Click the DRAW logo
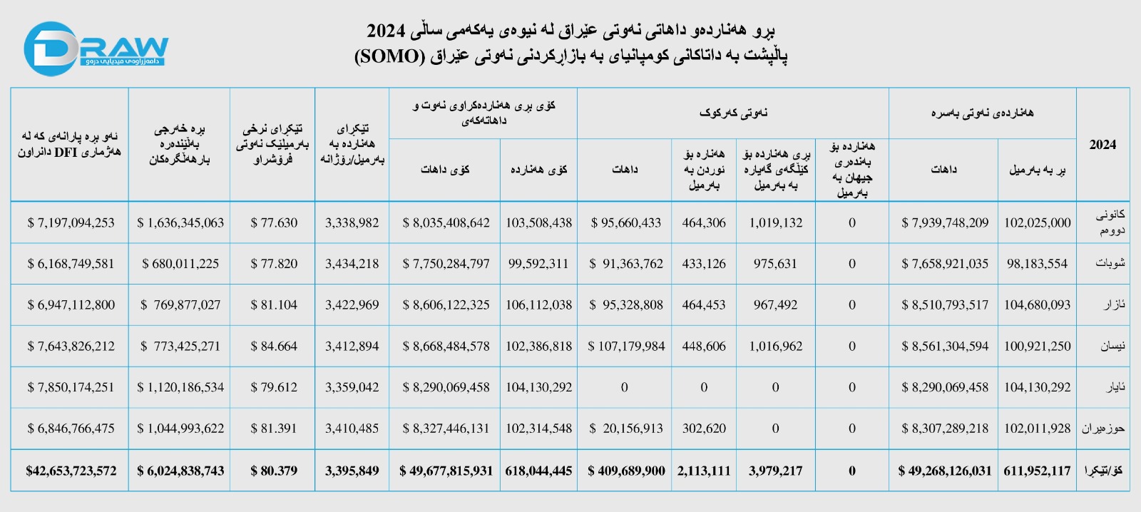pos(96,48)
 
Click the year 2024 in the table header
pos(1102,145)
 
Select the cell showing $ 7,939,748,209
pos(945,222)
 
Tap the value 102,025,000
pos(1037,222)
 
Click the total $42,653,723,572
pos(71,471)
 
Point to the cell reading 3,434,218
pos(352,264)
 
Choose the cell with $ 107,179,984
pos(626,346)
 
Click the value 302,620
pos(704,429)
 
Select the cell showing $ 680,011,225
pos(180,264)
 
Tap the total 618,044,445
pos(538,471)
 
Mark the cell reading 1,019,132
pos(775,222)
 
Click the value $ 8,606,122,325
pos(446,304)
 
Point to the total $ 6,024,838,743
pos(180,471)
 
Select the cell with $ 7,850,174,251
pos(71,387)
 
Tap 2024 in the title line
pos(386,31)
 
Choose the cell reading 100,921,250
pos(1037,346)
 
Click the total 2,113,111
pos(704,471)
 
